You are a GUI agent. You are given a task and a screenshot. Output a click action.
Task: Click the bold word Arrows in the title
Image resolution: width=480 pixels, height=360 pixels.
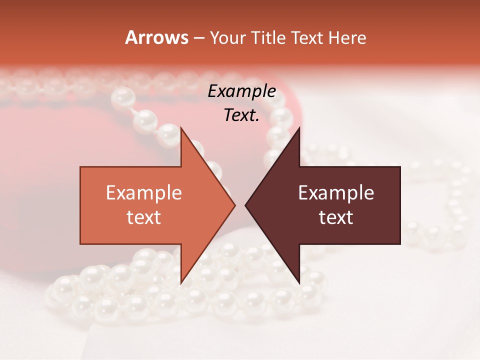tap(156, 37)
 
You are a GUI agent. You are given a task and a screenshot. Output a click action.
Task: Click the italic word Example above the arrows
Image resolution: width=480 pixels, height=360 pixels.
tap(241, 91)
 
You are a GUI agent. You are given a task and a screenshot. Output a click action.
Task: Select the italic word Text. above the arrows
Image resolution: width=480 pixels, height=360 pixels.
tap(241, 115)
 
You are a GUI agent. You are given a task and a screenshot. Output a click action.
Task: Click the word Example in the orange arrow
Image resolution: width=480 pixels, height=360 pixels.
tap(144, 193)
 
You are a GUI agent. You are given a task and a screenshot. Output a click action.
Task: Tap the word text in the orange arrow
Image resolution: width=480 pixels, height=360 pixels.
tap(144, 217)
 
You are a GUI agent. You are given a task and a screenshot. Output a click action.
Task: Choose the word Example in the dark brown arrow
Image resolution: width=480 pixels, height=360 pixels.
tap(336, 193)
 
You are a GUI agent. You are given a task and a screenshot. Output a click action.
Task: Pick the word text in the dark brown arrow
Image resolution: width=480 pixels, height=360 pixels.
tap(336, 217)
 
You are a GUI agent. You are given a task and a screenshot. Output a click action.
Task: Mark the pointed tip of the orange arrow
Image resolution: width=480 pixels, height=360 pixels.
tap(235, 205)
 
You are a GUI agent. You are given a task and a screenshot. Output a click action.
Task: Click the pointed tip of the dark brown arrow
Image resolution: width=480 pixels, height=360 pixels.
tap(245, 205)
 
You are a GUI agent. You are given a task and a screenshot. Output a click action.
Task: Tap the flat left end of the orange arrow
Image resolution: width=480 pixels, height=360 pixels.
tap(81, 205)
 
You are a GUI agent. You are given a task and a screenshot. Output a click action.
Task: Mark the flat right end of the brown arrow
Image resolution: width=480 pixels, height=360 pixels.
tap(399, 205)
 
